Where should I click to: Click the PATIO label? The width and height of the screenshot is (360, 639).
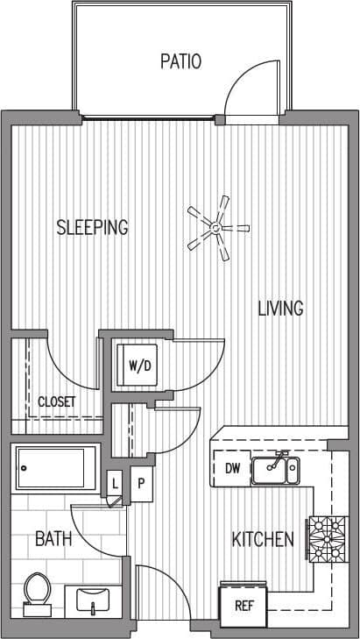(x=181, y=61)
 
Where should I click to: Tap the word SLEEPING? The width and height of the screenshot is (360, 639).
(x=92, y=227)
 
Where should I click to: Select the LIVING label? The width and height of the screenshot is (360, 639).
(x=280, y=309)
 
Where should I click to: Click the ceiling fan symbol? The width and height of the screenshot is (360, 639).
(x=213, y=229)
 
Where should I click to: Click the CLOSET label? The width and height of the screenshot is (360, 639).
(x=56, y=402)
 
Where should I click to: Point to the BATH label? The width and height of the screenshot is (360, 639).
(x=53, y=539)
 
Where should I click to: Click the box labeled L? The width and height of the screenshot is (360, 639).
(x=115, y=483)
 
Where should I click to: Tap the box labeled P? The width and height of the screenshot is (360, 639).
(x=139, y=483)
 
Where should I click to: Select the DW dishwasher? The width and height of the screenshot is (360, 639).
(x=232, y=468)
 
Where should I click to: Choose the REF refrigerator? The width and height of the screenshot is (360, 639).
(x=243, y=605)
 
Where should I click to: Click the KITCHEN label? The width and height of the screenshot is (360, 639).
(x=262, y=539)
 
